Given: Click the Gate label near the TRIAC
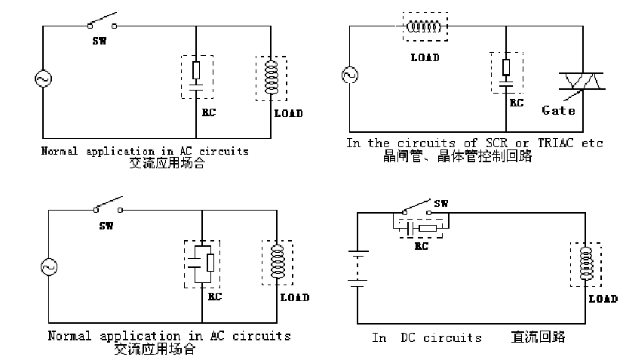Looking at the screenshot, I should point(559,110).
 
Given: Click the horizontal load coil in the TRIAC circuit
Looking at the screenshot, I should point(423,27).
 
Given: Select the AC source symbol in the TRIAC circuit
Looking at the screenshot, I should point(349,75).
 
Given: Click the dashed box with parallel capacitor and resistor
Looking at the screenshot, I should point(201,263).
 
